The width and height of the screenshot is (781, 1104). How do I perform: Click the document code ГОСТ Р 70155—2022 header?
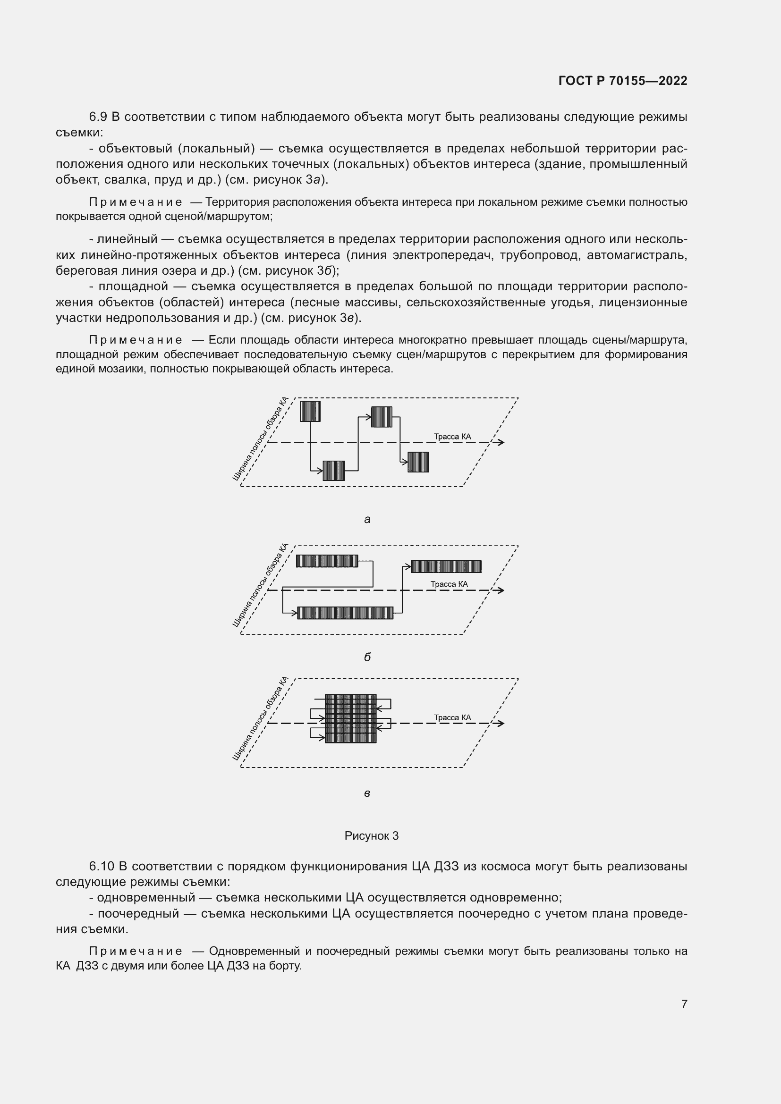(623, 81)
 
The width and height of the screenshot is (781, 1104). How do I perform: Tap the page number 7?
(684, 1003)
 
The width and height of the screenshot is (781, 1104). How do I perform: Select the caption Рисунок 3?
(371, 836)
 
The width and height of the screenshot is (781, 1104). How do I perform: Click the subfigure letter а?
(367, 519)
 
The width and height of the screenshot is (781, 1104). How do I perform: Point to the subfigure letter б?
(367, 657)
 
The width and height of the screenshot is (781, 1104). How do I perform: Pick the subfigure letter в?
(367, 793)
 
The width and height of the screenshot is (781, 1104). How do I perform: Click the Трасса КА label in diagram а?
(452, 437)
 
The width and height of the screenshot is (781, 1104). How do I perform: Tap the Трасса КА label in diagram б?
(449, 584)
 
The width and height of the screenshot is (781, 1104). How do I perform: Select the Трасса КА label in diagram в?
(452, 717)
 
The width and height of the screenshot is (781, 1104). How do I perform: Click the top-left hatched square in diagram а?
(310, 411)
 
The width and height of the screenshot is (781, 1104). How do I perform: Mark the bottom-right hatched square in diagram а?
(418, 462)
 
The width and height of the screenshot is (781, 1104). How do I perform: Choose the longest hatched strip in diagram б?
(345, 613)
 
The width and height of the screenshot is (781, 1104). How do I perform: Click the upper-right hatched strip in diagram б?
(446, 566)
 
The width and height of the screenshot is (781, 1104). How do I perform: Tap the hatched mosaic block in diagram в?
(350, 718)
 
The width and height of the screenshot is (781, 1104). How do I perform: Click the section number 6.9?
(98, 117)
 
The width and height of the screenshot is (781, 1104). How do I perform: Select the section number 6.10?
(102, 867)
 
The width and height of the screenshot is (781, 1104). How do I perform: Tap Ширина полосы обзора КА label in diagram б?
(260, 585)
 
